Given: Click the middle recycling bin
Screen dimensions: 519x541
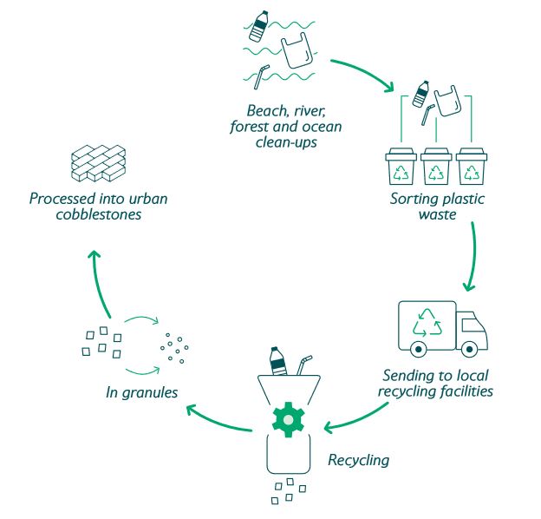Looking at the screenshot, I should click(x=434, y=168).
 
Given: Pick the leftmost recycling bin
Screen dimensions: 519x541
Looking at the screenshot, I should click(x=401, y=168).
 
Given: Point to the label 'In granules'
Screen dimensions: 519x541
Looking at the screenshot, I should click(x=141, y=393).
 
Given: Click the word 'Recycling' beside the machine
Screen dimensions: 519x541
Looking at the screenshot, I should click(x=358, y=459).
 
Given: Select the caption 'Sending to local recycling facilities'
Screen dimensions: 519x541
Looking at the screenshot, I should click(x=437, y=384).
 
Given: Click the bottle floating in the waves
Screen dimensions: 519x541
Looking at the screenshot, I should click(x=258, y=27).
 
